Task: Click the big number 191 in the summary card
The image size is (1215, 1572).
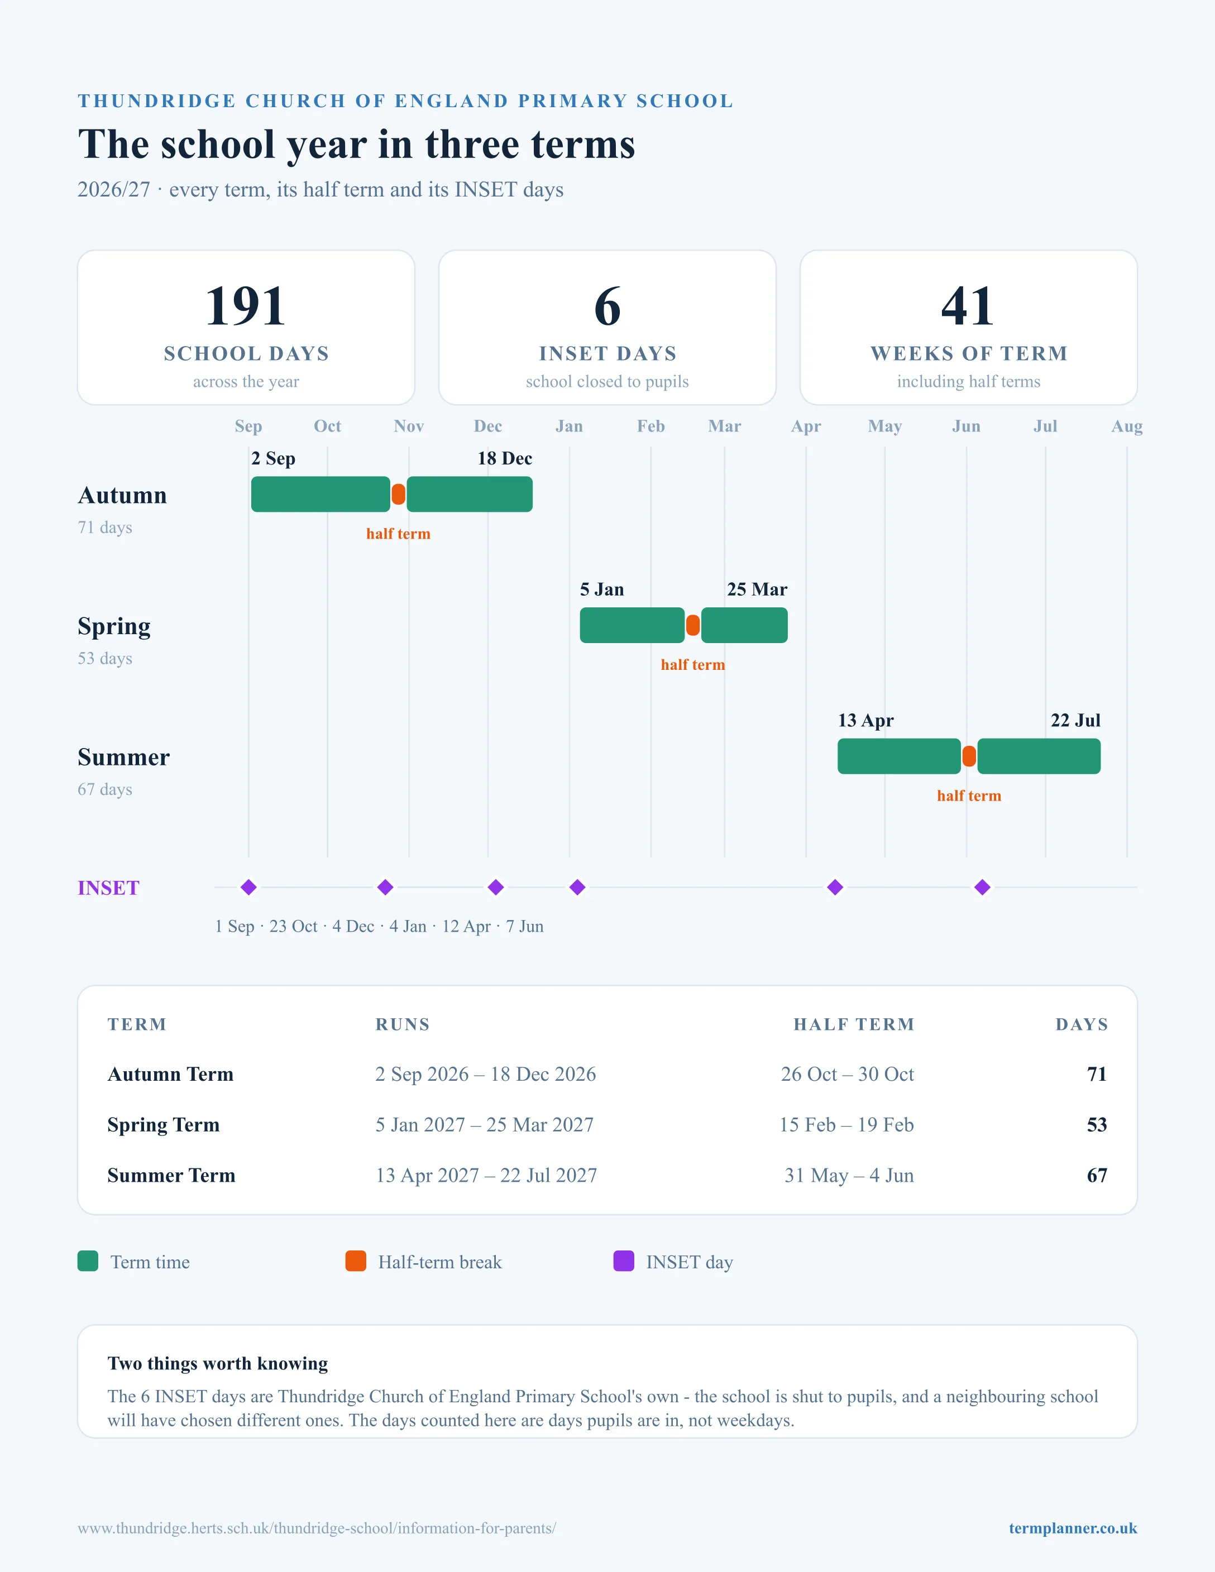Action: pyautogui.click(x=246, y=306)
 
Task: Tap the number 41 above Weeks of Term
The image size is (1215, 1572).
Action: pyautogui.click(x=968, y=306)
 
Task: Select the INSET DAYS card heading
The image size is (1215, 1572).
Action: pyautogui.click(x=607, y=353)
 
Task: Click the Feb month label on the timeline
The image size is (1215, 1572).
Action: pyautogui.click(x=650, y=426)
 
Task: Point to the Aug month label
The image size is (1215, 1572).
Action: pyautogui.click(x=1126, y=426)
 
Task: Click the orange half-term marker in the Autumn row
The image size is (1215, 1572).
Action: pyautogui.click(x=398, y=495)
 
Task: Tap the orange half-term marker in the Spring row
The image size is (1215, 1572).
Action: pyautogui.click(x=692, y=625)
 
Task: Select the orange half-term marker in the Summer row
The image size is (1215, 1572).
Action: pyautogui.click(x=969, y=756)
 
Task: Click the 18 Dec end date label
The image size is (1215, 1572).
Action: pyautogui.click(x=505, y=458)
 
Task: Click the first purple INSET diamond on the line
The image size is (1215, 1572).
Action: pyautogui.click(x=248, y=888)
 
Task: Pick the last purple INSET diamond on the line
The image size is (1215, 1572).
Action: pyautogui.click(x=983, y=888)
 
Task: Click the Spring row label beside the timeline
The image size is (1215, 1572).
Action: pyautogui.click(x=114, y=627)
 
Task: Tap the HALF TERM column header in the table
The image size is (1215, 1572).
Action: pyautogui.click(x=854, y=1024)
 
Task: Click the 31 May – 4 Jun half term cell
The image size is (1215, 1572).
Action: pyautogui.click(x=849, y=1176)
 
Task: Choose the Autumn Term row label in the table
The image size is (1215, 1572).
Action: pyautogui.click(x=171, y=1074)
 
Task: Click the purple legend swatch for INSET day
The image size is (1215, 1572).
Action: pyautogui.click(x=623, y=1261)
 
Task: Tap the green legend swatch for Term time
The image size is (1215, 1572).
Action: pyautogui.click(x=88, y=1261)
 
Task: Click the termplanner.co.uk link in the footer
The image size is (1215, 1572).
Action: pyautogui.click(x=1073, y=1528)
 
